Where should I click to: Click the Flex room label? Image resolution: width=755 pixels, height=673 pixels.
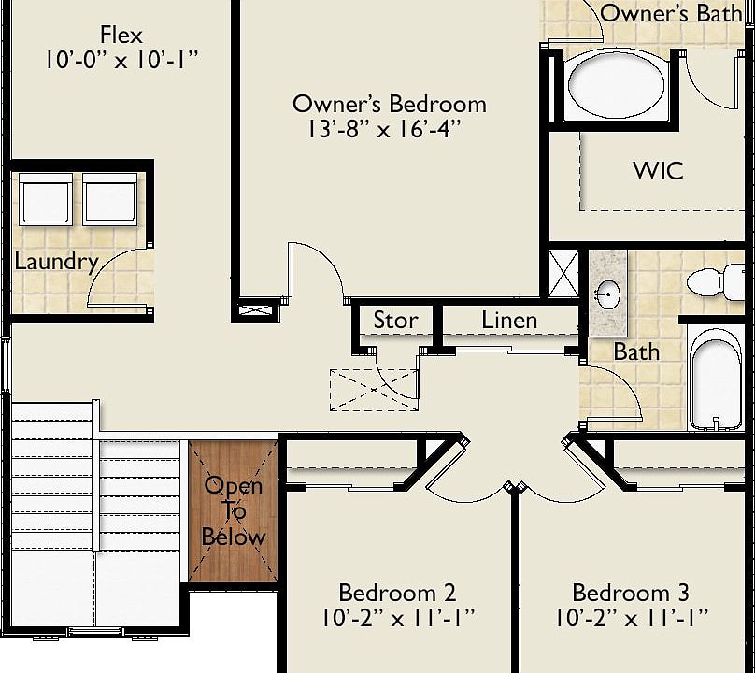tap(121, 36)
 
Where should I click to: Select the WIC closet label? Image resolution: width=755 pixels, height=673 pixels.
tap(658, 171)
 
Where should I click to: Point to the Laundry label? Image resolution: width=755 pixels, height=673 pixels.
tap(56, 262)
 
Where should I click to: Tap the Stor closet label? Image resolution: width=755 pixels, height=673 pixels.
tap(395, 321)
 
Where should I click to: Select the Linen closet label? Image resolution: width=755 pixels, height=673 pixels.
tap(509, 321)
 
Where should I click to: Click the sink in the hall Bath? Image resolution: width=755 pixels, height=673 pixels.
tap(608, 294)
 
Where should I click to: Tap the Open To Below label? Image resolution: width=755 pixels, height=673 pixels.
tap(234, 511)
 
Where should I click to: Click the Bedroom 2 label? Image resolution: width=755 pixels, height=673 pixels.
tap(397, 593)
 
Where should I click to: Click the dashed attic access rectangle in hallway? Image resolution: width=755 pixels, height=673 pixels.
tap(374, 389)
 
